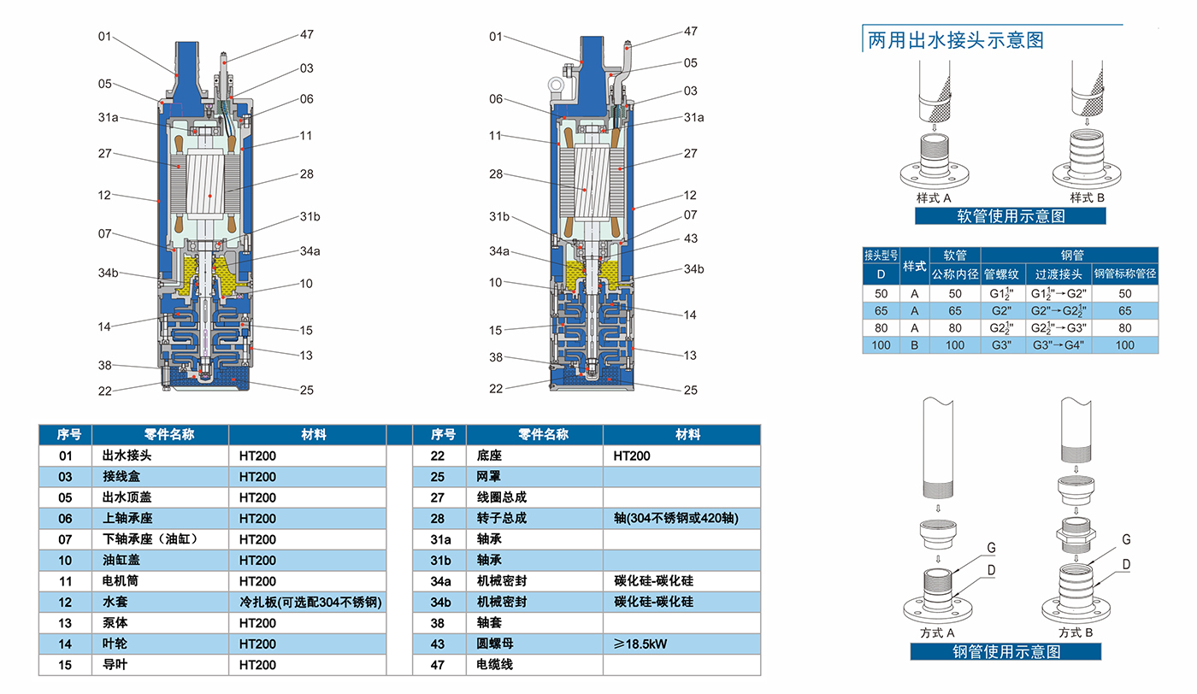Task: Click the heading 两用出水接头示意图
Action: [x=955, y=39]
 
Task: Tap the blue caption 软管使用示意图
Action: [x=1010, y=216]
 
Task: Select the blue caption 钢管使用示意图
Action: [x=1005, y=652]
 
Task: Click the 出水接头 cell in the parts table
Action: [x=127, y=456]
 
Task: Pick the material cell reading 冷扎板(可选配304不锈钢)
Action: [x=310, y=602]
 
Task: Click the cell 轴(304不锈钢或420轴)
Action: [x=675, y=518]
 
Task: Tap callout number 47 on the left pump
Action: [x=307, y=35]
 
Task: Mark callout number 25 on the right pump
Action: [x=690, y=390]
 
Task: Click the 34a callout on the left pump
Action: [x=310, y=251]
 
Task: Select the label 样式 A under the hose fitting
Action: [x=934, y=197]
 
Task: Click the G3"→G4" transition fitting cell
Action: [x=1058, y=344]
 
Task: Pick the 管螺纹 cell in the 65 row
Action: [x=1001, y=311]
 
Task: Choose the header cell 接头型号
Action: [x=881, y=256]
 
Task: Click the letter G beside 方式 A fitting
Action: [x=991, y=547]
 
